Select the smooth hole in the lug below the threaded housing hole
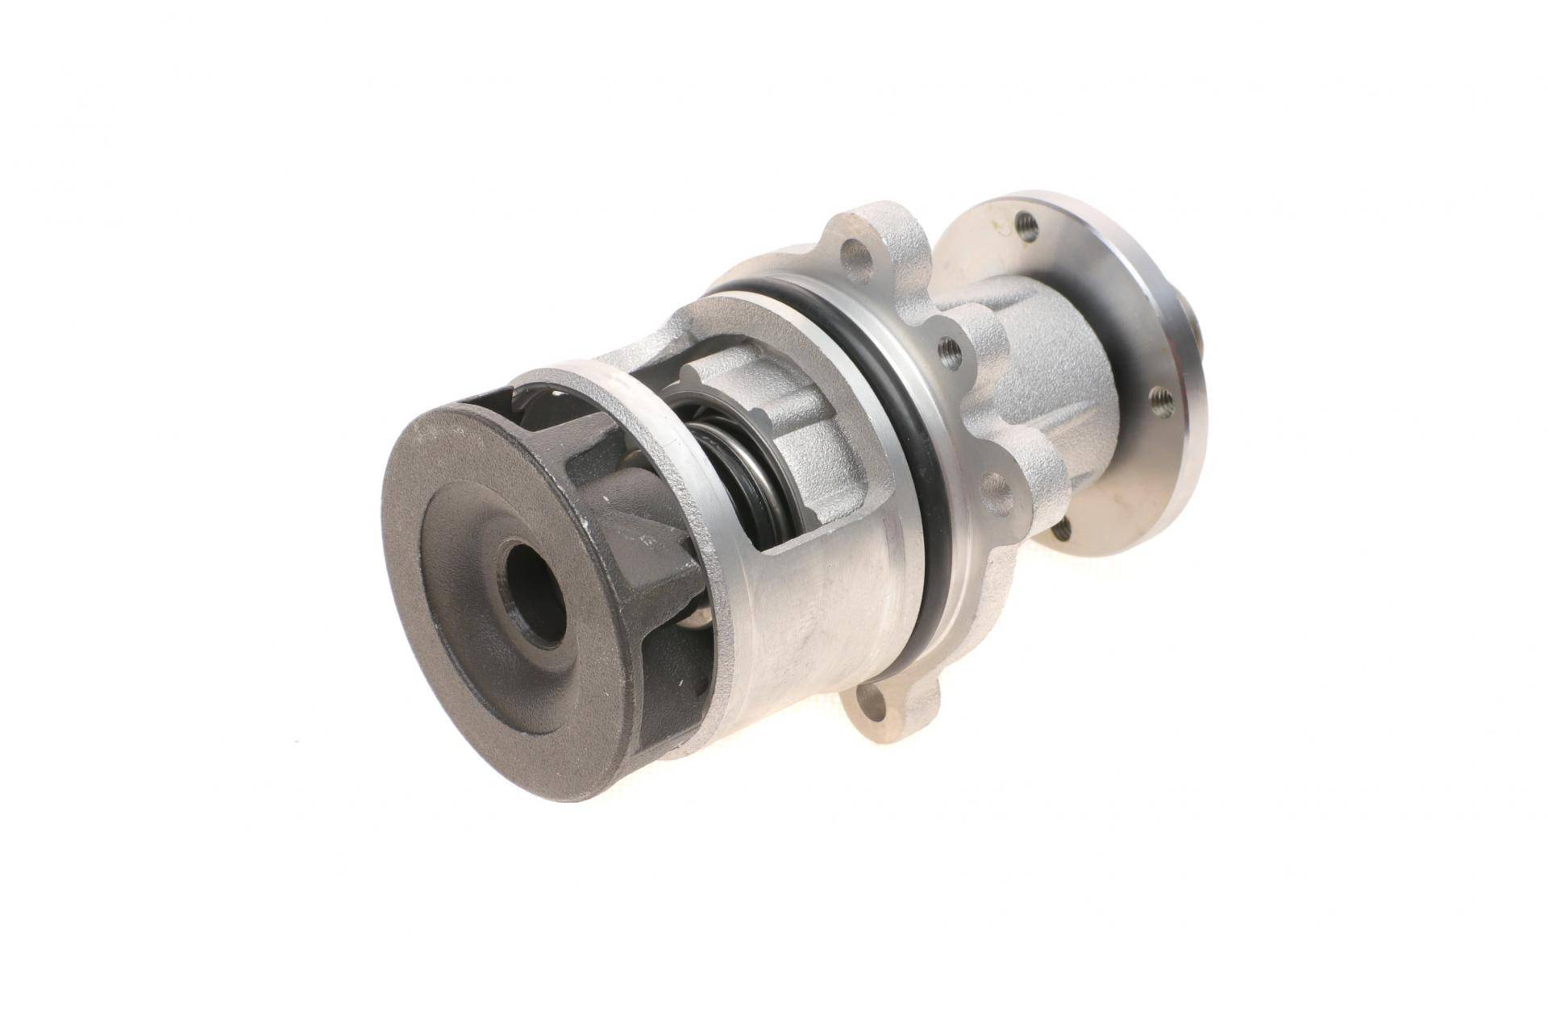pos(997,487)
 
